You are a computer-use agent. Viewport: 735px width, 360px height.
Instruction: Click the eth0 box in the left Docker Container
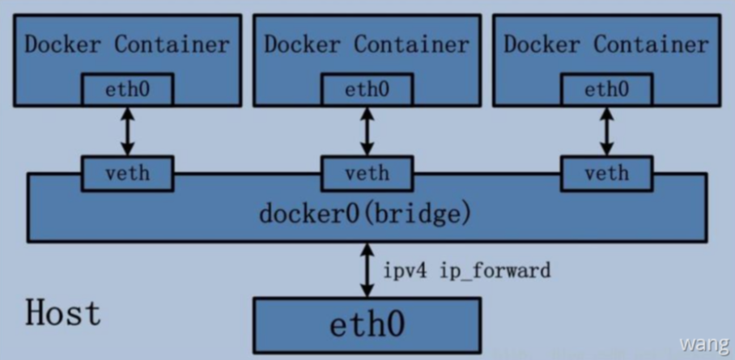point(127,89)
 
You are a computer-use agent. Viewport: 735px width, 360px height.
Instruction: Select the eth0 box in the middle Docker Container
point(367,89)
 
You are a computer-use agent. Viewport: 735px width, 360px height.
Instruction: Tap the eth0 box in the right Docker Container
point(606,89)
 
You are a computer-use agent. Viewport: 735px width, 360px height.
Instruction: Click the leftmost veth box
point(127,172)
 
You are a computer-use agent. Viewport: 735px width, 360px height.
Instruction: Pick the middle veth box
point(367,172)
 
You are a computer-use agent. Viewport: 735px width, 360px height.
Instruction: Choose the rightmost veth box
point(606,172)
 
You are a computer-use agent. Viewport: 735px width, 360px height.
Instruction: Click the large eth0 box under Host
point(367,324)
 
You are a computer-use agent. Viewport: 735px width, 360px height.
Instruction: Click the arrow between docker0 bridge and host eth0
point(367,270)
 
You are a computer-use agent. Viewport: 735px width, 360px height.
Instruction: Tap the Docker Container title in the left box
point(127,44)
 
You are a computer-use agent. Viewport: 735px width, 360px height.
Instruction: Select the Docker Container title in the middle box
point(367,43)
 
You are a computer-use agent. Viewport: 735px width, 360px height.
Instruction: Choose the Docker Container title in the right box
point(606,43)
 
